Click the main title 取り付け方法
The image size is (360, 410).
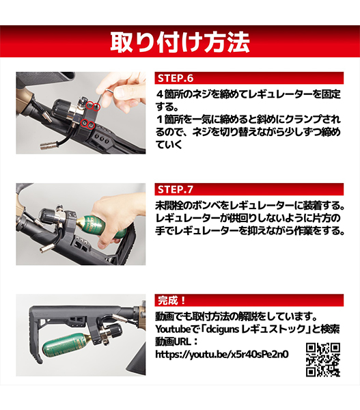(x=180, y=42)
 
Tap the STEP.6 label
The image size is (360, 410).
(x=176, y=79)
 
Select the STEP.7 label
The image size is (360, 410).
(x=176, y=189)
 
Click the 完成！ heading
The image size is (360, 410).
(x=171, y=301)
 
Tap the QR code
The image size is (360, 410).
(x=323, y=360)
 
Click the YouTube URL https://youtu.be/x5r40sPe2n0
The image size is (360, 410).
(x=222, y=354)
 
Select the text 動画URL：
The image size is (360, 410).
(x=177, y=342)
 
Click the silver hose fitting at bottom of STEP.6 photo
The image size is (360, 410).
(x=48, y=146)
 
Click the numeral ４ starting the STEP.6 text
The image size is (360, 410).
(x=160, y=94)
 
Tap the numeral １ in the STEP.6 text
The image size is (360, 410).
(x=160, y=120)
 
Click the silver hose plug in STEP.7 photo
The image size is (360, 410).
(x=47, y=248)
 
